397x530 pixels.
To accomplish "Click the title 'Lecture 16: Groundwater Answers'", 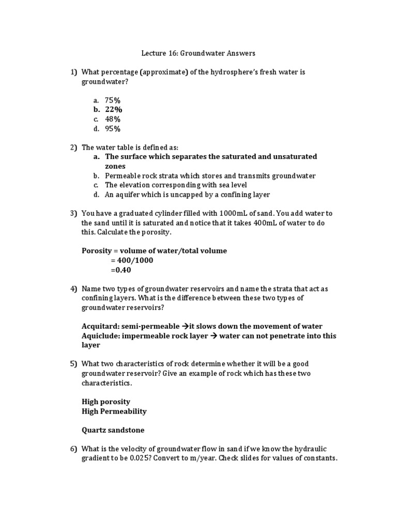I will [198, 53].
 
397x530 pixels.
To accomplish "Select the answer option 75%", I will [113, 100].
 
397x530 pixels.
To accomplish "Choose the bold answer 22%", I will [113, 110].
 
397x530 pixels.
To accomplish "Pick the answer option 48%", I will [113, 119].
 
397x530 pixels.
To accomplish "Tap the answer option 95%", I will [113, 129].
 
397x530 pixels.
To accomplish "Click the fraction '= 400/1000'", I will [132, 260].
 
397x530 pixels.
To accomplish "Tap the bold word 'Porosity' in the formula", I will [97, 251].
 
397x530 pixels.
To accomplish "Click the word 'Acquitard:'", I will [100, 326].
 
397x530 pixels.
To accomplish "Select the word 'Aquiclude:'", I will [100, 336].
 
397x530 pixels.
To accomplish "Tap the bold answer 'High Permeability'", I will [114, 411].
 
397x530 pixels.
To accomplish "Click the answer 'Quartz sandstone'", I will [113, 430].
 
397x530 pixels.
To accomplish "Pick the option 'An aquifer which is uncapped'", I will [187, 195].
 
